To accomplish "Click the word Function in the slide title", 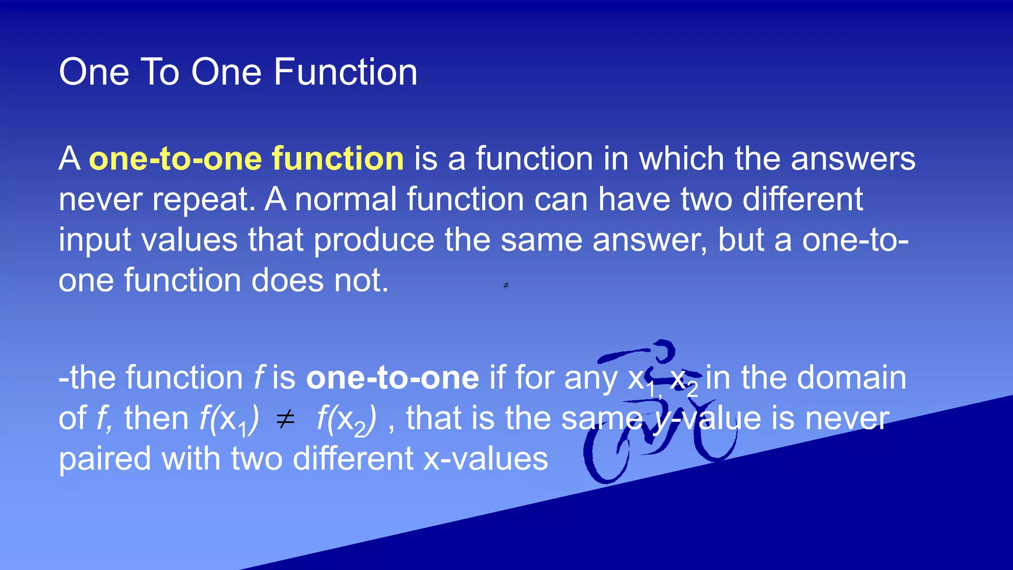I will point(345,72).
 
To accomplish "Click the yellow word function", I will point(338,159).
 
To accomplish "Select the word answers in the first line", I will point(853,159).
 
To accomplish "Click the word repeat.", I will point(204,199).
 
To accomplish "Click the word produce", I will point(374,240).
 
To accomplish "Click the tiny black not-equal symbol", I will point(506,285).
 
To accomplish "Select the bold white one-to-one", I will point(393,378).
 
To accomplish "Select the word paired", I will point(105,459).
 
